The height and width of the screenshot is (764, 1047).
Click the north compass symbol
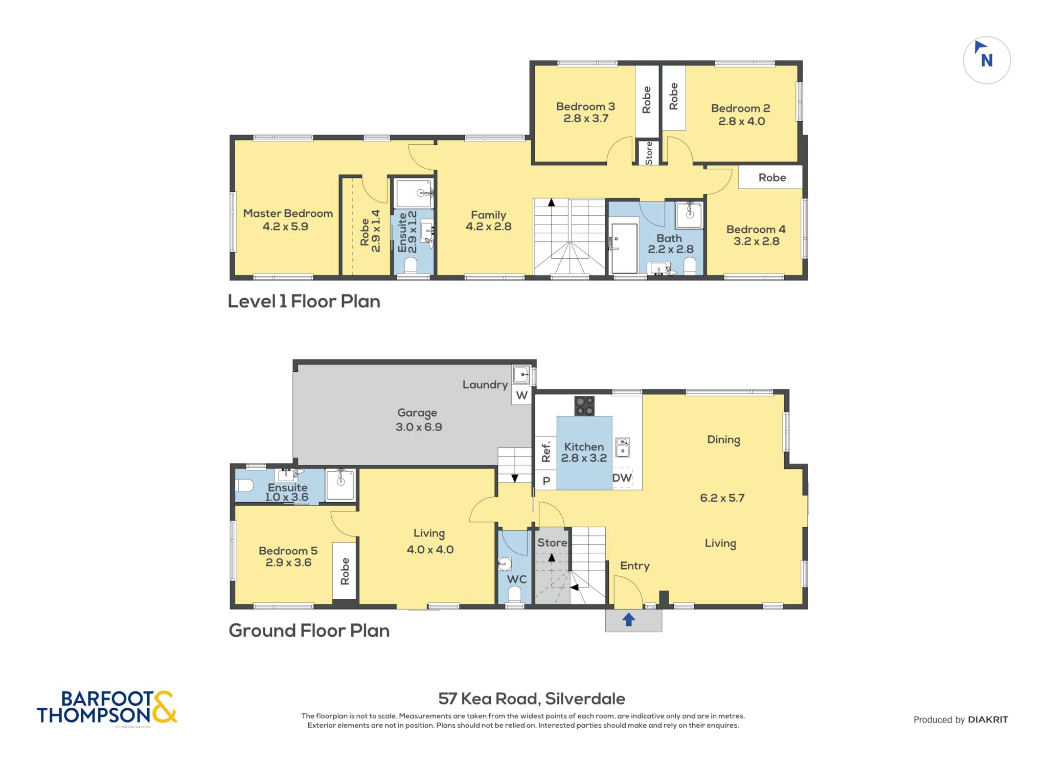pos(987,60)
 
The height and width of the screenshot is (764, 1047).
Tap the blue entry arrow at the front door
pos(628,620)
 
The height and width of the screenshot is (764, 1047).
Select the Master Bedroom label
pos(288,213)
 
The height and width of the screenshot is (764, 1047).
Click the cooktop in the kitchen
pos(584,406)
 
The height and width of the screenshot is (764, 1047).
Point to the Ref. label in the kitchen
pos(546,452)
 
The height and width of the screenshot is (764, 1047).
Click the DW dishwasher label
pos(622,478)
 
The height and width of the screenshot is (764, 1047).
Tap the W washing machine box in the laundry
pos(521,395)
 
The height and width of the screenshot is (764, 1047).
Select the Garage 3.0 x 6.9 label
pos(418,420)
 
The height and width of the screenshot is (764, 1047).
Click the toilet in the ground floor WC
pos(515,595)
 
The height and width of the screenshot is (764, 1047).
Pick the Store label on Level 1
pos(649,153)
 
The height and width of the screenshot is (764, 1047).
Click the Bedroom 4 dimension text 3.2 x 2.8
pos(756,241)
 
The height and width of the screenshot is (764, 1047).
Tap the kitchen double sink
pos(622,447)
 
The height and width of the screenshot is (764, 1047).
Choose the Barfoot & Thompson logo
pos(107,708)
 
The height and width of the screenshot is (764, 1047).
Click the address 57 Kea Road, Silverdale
pos(532,699)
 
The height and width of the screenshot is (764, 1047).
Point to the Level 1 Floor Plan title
pos(304,301)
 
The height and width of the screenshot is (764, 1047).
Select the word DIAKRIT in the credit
pos(988,720)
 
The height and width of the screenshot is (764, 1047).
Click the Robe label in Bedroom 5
pos(345,571)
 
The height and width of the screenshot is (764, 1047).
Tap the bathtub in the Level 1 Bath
pos(624,248)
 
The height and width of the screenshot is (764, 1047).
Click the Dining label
pos(723,440)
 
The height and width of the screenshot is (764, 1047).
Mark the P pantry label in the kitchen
pos(546,481)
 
